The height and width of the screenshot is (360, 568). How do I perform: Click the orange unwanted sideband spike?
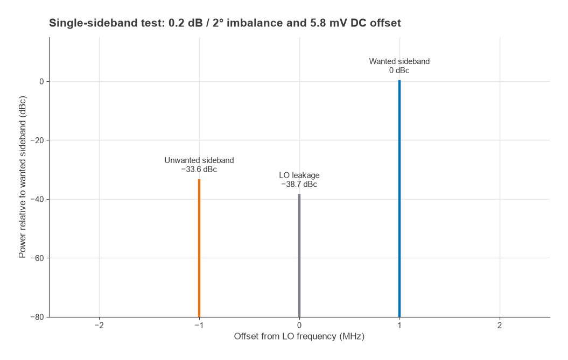click(199, 248)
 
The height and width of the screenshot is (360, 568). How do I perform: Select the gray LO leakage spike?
click(299, 256)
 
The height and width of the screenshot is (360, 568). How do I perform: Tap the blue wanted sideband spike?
click(399, 199)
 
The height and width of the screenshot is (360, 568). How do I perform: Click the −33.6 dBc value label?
click(199, 170)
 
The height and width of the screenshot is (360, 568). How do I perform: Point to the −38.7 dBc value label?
click(299, 185)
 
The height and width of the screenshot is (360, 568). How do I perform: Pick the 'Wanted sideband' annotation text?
click(399, 61)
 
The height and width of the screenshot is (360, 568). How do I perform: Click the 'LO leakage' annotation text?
click(299, 175)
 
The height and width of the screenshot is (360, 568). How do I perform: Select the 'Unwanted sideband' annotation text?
click(199, 160)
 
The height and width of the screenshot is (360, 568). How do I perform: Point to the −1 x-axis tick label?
click(199, 325)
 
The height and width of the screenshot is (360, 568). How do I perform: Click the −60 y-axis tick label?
click(37, 258)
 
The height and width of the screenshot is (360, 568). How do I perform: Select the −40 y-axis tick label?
click(37, 199)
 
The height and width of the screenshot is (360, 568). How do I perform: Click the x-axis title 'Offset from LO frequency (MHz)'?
click(299, 336)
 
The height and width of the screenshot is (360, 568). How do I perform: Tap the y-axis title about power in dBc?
click(23, 177)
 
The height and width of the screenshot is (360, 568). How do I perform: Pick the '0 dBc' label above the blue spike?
click(399, 70)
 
